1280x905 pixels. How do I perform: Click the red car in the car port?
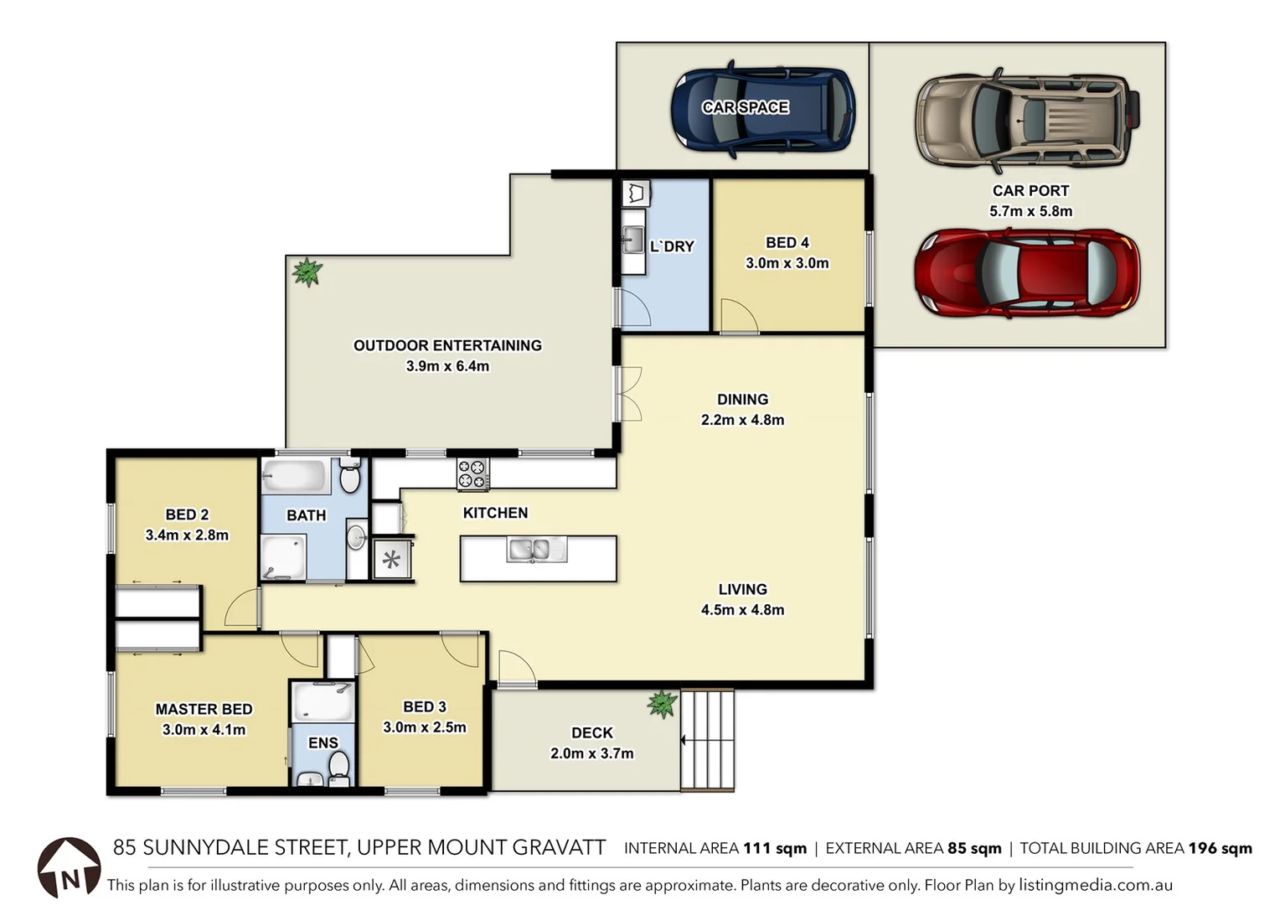(x=1027, y=273)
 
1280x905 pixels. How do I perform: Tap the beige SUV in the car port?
(x=1027, y=120)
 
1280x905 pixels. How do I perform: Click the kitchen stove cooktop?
(x=472, y=473)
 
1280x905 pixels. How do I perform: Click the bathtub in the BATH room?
(x=294, y=477)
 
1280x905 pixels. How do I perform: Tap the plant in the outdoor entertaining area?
(x=307, y=271)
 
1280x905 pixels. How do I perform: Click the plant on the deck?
(x=663, y=704)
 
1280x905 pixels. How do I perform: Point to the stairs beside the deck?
(x=708, y=739)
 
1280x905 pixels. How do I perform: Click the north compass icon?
(x=69, y=868)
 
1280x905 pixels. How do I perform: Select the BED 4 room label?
(x=787, y=242)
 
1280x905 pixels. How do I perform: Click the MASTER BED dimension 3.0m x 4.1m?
(x=204, y=730)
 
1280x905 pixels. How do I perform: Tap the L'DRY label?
(x=672, y=246)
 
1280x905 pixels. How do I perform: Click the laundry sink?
(x=632, y=239)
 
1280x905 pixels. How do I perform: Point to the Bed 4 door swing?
(x=739, y=317)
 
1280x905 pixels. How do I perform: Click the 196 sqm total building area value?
(x=1220, y=848)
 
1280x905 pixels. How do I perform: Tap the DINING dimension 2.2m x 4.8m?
(x=742, y=420)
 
